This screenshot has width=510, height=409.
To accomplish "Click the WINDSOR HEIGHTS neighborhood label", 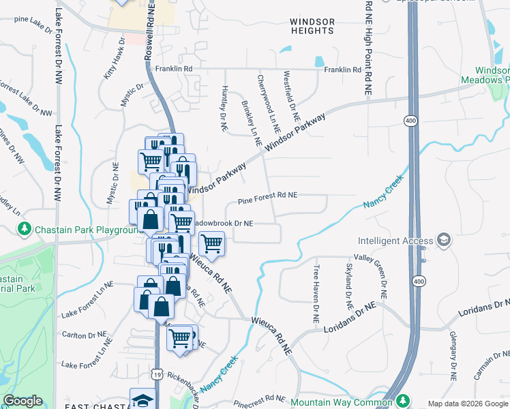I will (312, 26).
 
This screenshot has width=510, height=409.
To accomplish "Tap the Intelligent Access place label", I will (395, 241).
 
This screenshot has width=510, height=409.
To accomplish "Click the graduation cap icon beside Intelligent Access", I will (444, 239).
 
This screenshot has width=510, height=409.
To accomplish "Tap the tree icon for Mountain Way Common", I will (403, 402).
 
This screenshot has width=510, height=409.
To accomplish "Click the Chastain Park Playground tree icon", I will (25, 228).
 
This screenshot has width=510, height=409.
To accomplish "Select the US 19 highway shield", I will (157, 374).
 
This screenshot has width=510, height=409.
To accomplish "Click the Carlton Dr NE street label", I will (85, 335).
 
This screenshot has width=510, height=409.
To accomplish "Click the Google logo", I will (22, 401).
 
